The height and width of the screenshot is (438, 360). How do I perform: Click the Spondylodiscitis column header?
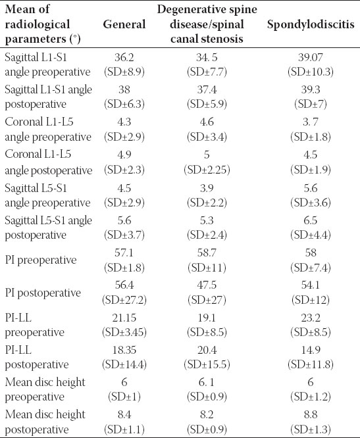click(311, 24)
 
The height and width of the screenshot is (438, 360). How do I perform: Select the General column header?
click(124, 24)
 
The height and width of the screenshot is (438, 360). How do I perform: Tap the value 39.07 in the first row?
click(311, 57)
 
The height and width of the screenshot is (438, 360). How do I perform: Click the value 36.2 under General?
click(124, 57)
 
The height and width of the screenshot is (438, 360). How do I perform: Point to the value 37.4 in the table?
click(207, 89)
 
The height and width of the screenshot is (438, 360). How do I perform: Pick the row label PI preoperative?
click(41, 260)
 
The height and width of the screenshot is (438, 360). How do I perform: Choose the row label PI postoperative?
click(43, 293)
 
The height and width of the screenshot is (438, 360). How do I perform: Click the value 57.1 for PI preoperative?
click(124, 253)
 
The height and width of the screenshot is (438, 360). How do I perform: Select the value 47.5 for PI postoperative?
click(207, 285)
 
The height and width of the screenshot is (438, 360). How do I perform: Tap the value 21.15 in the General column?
click(124, 318)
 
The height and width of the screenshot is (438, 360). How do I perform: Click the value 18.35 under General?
click(124, 350)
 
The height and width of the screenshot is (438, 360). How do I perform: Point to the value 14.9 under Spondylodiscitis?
click(311, 350)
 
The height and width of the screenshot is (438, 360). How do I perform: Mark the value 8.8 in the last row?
click(311, 414)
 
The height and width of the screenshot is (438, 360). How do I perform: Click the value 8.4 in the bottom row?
click(124, 414)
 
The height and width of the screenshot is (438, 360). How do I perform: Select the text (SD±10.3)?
click(311, 72)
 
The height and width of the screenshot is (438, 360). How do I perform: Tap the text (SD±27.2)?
click(124, 300)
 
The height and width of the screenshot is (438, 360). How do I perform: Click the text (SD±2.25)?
click(207, 170)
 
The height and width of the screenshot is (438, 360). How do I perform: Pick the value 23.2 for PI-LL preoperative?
click(311, 318)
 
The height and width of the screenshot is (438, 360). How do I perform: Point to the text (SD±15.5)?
click(207, 364)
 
